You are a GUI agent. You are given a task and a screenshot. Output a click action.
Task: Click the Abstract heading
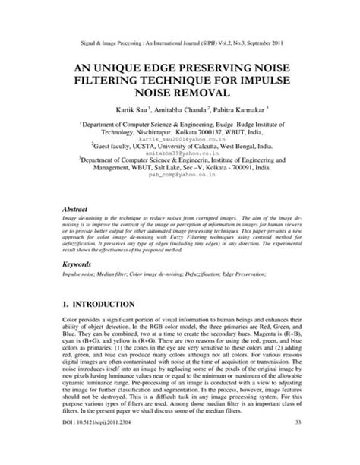click(x=76, y=207)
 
